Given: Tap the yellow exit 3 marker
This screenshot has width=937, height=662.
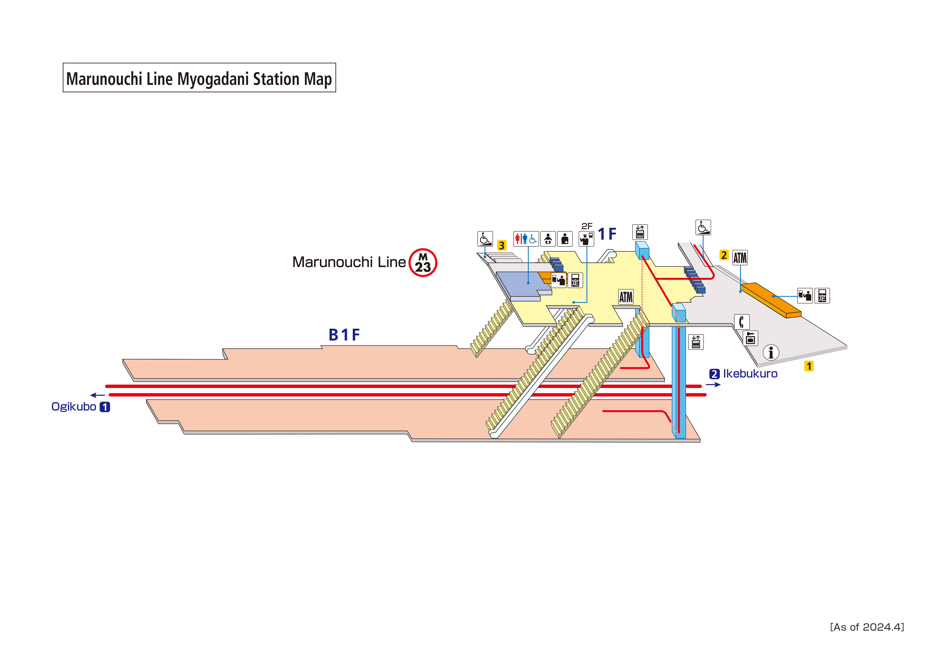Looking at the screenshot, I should click(501, 245).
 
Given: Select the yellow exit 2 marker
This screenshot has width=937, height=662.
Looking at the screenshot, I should click(724, 255).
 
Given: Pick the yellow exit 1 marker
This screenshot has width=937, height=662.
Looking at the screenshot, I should click(809, 366).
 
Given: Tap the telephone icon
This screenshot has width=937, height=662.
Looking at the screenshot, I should click(741, 322).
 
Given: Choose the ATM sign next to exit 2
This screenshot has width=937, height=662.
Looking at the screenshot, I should click(740, 258).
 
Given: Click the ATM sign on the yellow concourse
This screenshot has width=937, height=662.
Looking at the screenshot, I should click(626, 297).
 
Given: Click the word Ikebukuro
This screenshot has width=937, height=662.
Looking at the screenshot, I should click(750, 374).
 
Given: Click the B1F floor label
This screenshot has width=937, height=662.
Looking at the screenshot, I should click(344, 335).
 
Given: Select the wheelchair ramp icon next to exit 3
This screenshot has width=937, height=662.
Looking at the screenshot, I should click(485, 239).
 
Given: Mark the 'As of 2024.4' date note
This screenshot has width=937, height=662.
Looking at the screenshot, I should click(867, 627).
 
